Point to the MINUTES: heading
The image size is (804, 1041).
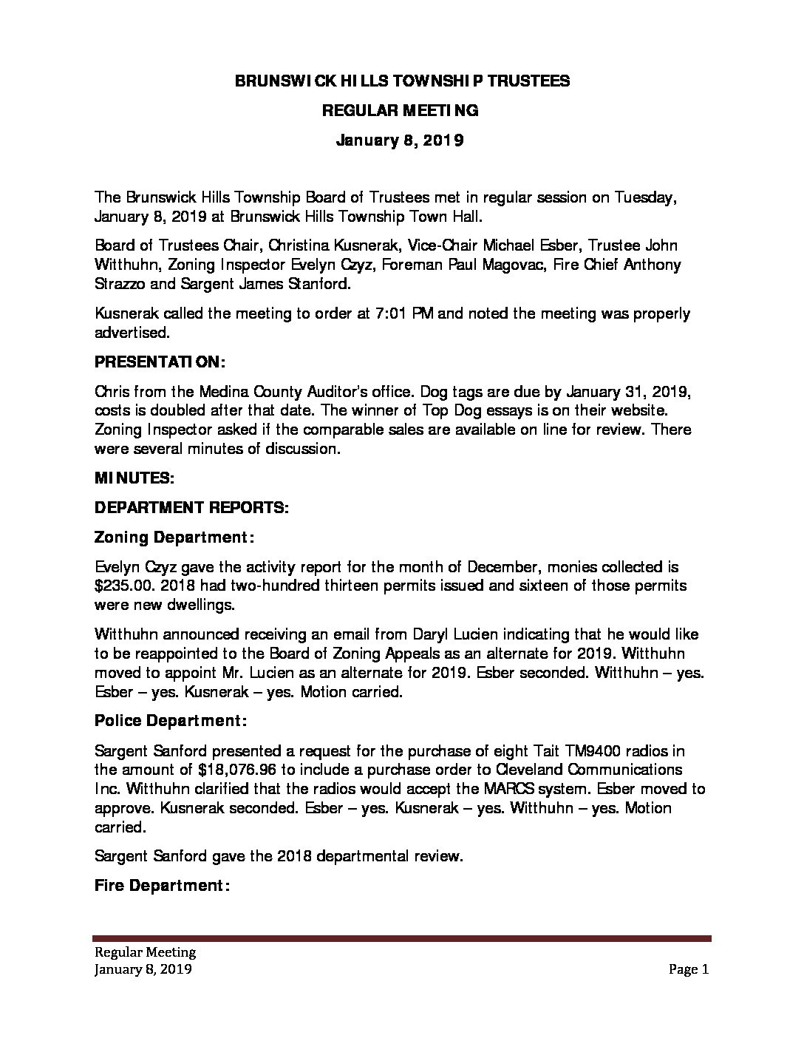(134, 478)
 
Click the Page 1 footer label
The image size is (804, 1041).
(689, 969)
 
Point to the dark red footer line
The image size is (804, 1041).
(402, 938)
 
